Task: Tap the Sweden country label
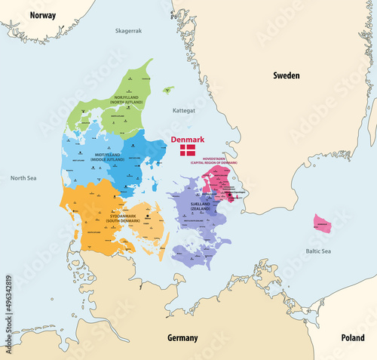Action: (x=287, y=75)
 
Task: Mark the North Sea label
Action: (x=23, y=178)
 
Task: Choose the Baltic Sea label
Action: (x=330, y=251)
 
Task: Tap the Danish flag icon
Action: (x=186, y=151)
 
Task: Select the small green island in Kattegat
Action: (x=167, y=89)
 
